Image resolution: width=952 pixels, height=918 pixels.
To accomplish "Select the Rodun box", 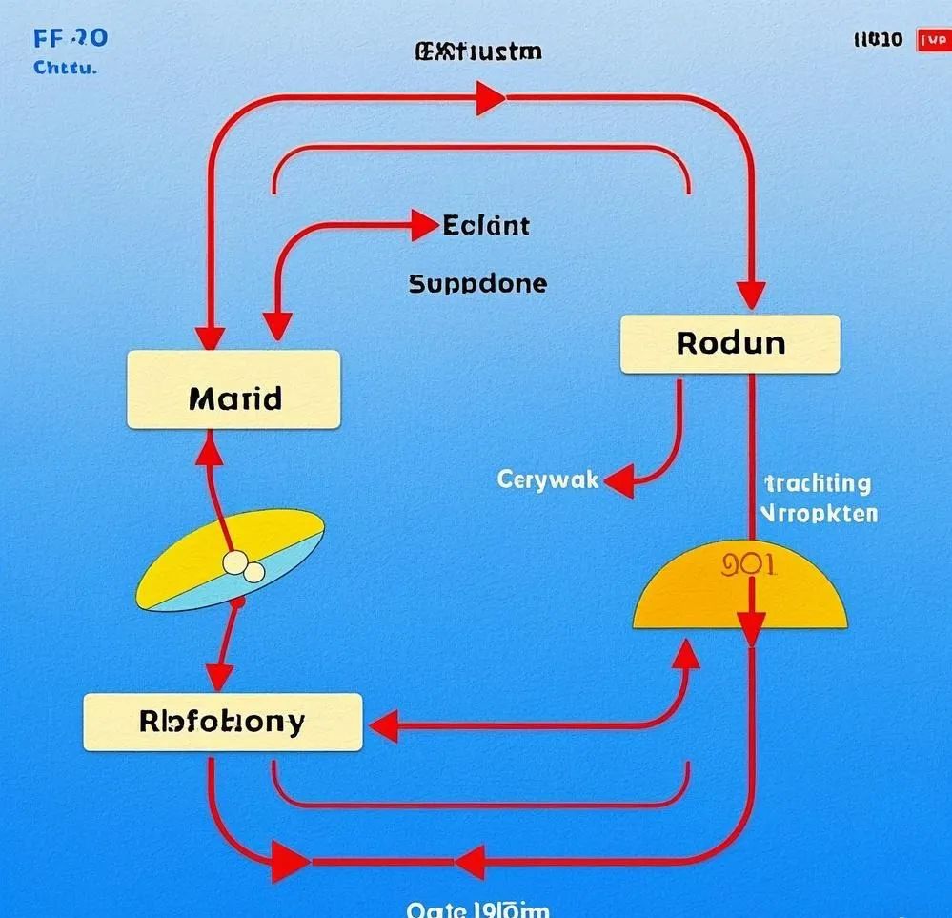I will (730, 343).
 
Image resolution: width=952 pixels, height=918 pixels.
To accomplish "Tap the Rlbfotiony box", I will (223, 722).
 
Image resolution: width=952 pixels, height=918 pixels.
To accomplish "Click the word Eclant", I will (486, 226).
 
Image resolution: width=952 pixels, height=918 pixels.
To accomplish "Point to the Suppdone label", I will (477, 283).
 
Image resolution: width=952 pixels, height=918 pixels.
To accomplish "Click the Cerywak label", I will (548, 479).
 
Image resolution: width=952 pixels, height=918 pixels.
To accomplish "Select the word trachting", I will (818, 483).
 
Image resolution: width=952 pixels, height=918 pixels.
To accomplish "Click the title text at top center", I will (477, 51).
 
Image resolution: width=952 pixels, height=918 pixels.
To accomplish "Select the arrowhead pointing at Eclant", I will (424, 226).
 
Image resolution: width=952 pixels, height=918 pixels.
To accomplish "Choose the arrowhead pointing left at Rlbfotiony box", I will (384, 727).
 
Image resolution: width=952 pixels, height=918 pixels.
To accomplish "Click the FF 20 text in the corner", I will (70, 38).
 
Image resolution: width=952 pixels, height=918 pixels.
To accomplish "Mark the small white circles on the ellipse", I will (244, 567).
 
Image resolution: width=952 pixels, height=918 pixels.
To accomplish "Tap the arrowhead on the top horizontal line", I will (490, 97).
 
